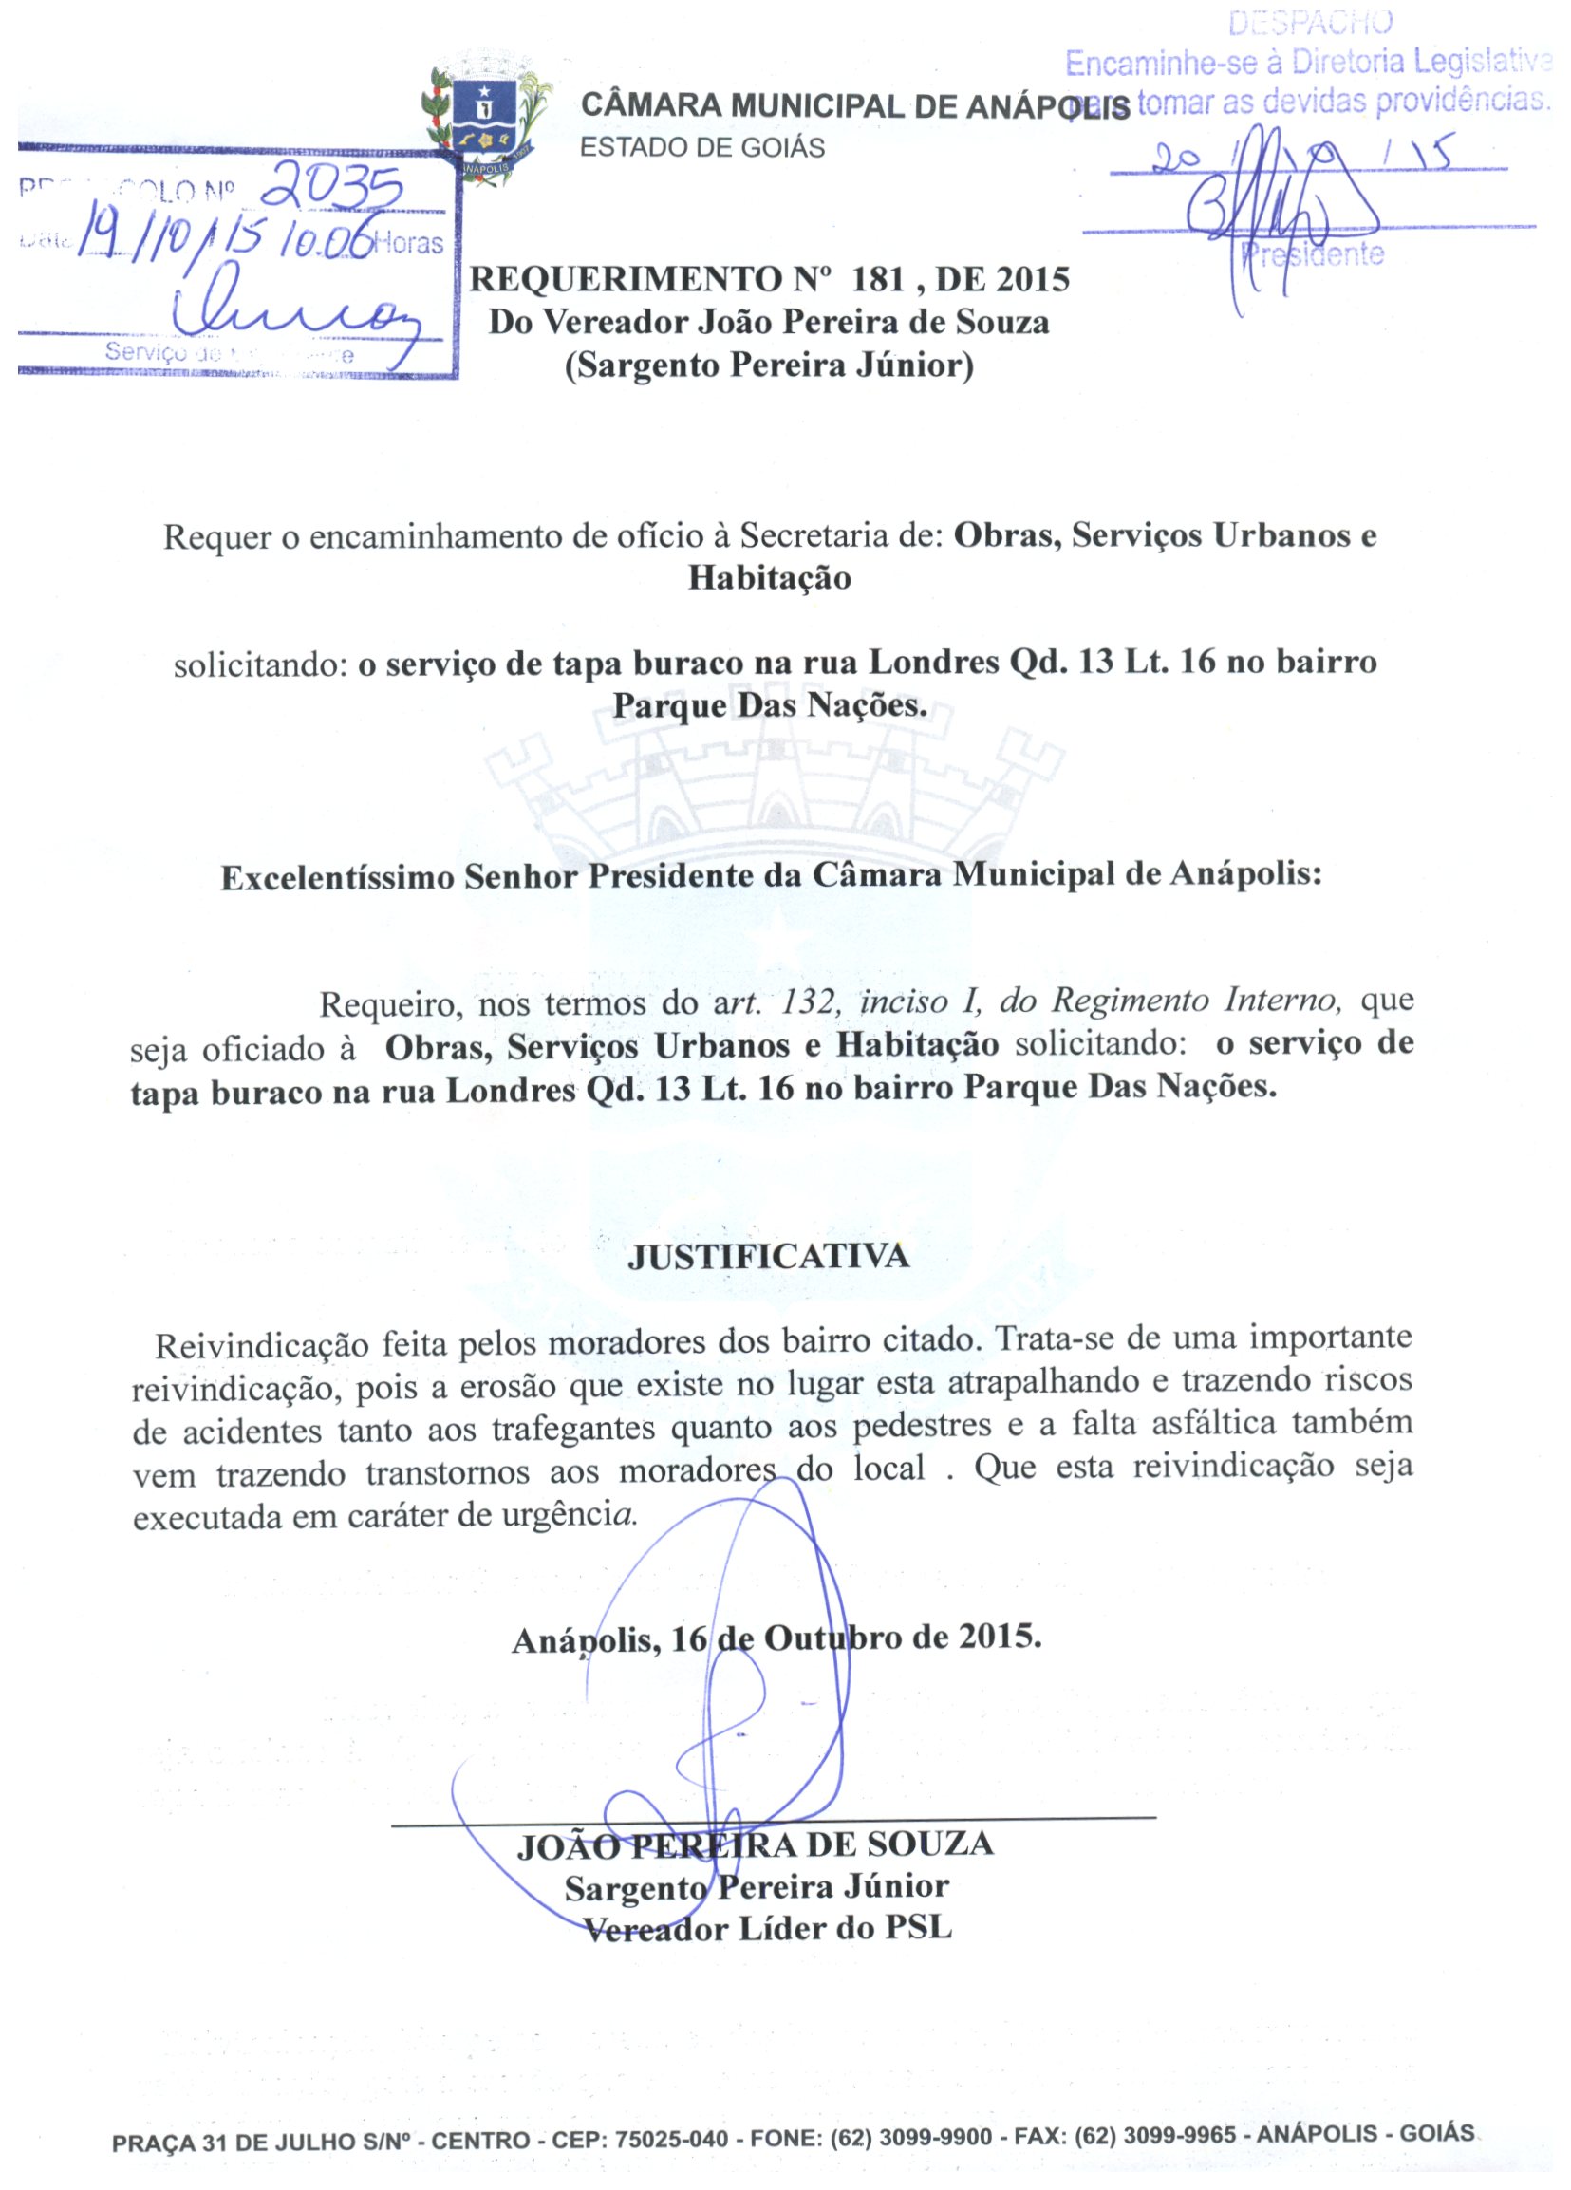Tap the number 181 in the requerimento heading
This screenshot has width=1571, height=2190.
click(x=879, y=280)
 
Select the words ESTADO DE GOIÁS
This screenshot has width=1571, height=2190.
click(x=702, y=148)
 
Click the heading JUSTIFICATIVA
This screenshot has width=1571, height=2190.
click(x=769, y=1256)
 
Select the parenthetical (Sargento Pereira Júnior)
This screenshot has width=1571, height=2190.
click(x=769, y=367)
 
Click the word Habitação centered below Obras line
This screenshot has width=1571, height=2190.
click(x=769, y=577)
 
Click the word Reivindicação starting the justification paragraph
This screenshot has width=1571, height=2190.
click(x=262, y=1344)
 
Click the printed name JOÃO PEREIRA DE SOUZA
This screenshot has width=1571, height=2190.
click(x=755, y=1844)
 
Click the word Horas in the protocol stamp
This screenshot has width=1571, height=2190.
click(x=409, y=243)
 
